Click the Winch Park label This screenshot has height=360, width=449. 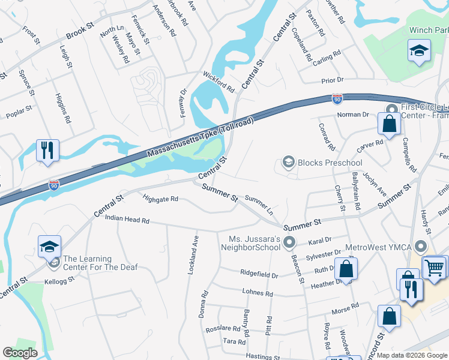coord(429,30)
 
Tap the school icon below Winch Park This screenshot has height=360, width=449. coord(418,51)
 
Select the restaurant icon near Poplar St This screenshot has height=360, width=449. coord(47,151)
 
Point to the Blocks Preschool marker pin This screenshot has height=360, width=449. coord(289,163)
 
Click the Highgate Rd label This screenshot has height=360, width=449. coord(160,198)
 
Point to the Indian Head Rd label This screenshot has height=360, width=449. coord(127,220)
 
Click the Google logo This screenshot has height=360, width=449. coord(20,353)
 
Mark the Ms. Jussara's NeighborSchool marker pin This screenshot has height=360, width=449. coord(289,243)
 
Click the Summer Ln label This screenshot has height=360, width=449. coord(259,205)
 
